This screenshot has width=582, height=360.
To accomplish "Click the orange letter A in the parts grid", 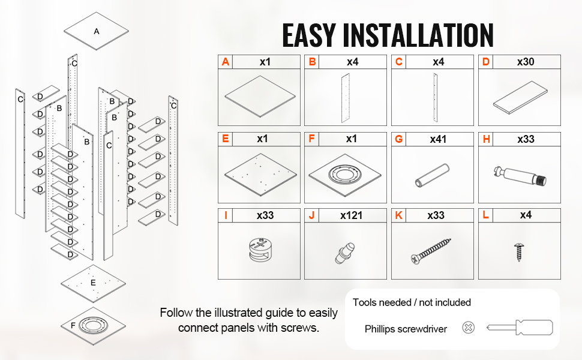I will pos(226,62).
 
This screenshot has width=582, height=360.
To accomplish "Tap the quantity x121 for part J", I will pos(351,215).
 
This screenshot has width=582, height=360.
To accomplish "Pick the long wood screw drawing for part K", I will pos(431,251).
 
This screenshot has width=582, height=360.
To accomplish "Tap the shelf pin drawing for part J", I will pos(344,252).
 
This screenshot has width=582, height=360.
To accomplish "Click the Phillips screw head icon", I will pos(468,328).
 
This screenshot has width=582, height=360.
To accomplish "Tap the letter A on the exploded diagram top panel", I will pos(96,31).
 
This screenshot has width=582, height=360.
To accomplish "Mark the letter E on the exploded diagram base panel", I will pos(93,283).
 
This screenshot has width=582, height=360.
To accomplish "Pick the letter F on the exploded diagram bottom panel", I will pos(73,325).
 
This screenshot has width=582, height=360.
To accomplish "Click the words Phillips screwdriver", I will pos(406,329).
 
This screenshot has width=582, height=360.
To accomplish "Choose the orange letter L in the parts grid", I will pos(486,215).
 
